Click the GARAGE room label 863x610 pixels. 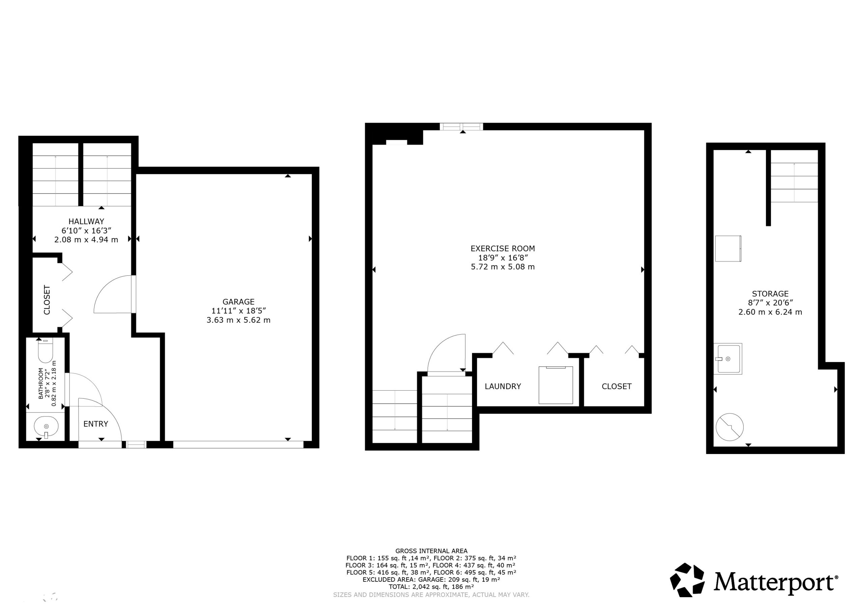238,301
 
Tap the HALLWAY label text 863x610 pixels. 86,221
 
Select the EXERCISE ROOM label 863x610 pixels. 503,248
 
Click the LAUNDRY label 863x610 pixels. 503,386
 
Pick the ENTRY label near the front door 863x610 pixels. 95,424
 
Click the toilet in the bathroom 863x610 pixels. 46,350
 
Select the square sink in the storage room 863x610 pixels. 728,359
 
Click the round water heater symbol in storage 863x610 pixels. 730,427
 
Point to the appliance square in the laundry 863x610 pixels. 556,385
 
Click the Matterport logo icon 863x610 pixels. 687,580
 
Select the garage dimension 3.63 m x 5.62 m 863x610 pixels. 238,320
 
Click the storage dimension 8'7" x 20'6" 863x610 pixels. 770,303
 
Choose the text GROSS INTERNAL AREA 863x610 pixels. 431,551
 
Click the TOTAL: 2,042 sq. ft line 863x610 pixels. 431,587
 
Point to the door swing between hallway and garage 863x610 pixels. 113,294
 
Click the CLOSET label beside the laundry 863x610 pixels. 617,386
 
